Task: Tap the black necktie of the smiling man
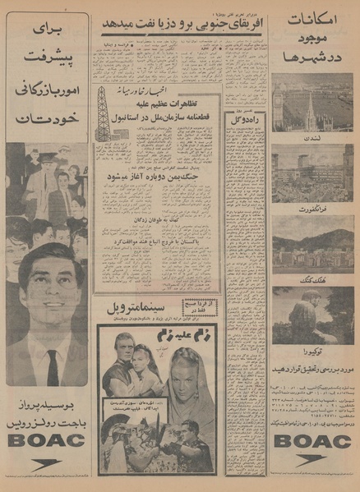[x=53, y=367]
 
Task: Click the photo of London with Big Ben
[x=312, y=103]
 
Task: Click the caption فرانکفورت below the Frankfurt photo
[x=312, y=209]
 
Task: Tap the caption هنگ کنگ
[x=312, y=279]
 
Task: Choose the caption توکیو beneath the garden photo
[x=312, y=348]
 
